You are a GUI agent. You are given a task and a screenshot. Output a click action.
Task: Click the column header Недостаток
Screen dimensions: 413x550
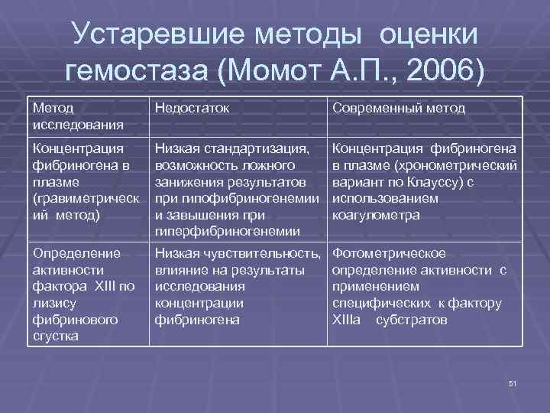coord(192,109)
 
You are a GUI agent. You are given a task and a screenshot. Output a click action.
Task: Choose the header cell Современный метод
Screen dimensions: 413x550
coord(398,109)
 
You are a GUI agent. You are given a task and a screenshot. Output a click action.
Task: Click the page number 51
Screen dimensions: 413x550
coord(513,382)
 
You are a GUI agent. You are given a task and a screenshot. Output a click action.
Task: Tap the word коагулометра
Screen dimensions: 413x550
coord(376,216)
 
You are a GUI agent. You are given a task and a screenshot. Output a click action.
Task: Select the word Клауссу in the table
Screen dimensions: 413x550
coord(429,182)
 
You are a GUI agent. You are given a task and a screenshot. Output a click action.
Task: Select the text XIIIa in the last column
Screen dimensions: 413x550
coord(348,320)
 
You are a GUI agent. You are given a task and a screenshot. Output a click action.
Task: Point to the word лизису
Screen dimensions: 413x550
coord(50,303)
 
